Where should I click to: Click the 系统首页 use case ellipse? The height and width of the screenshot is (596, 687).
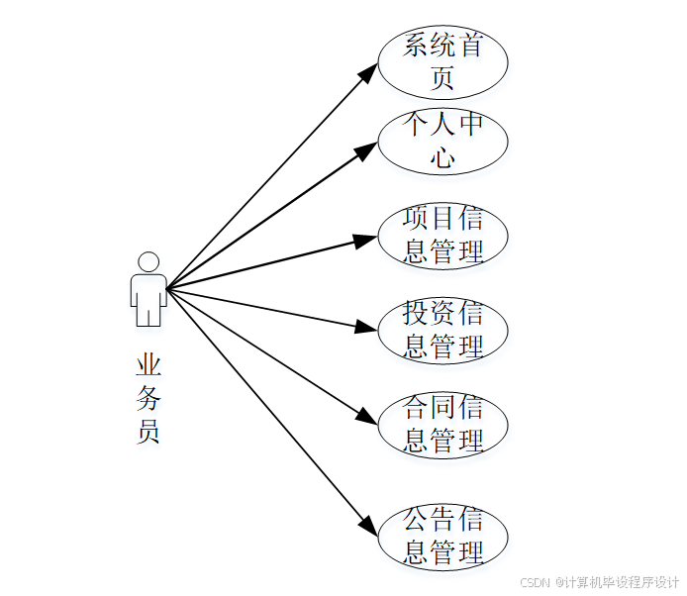[442, 61]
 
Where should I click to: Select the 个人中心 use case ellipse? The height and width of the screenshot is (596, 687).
[442, 141]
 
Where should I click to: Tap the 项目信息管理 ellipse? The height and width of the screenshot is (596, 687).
[442, 236]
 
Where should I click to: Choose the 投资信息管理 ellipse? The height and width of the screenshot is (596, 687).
[442, 330]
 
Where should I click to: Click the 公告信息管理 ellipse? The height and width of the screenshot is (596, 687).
[442, 538]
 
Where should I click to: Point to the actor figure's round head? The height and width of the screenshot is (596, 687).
[148, 262]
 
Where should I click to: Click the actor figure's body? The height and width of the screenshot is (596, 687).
[148, 298]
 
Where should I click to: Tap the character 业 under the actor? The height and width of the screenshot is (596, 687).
[148, 365]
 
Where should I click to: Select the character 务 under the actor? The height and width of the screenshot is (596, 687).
[148, 399]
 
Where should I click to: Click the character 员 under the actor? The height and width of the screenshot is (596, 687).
[148, 432]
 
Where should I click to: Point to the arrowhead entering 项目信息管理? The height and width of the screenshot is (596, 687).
[366, 239]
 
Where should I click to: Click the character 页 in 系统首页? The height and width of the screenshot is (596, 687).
[442, 76]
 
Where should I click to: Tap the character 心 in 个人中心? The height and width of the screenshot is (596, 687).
[442, 156]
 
